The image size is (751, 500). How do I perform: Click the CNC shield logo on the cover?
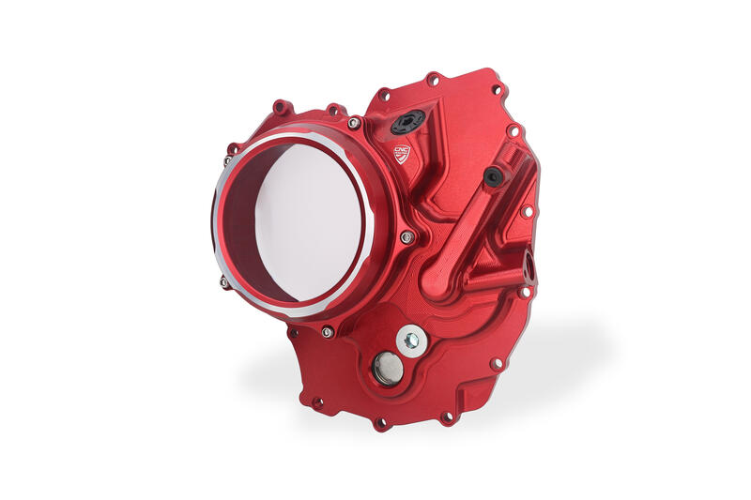(401, 153)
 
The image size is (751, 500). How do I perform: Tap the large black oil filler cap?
(408, 121)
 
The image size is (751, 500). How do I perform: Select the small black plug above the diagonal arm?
(493, 176)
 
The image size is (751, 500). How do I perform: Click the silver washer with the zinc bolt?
(409, 341)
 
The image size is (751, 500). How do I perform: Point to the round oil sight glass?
(387, 369)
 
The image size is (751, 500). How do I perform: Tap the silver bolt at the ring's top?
(354, 123)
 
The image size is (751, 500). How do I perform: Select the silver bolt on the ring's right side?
(406, 237)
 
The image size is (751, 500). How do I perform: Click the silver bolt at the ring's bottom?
(326, 332)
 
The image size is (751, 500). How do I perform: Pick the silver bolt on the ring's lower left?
(224, 280)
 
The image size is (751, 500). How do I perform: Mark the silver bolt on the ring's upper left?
(228, 160)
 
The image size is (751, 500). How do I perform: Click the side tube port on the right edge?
(530, 268)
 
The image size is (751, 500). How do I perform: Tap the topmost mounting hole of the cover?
(433, 80)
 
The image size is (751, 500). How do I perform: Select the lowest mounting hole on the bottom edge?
(380, 423)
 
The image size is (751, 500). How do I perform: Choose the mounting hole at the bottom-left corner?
(317, 402)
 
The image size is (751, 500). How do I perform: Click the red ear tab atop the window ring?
(282, 110)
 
